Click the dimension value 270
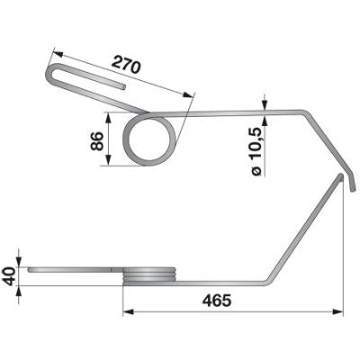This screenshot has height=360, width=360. pos(126,67)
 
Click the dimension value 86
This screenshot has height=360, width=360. pos(96,140)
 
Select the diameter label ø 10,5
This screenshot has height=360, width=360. pos(256,150)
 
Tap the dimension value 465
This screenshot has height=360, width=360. pos(217,301)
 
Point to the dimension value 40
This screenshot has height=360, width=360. pos(9,276)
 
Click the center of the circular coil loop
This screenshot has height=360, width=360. pos(149,140)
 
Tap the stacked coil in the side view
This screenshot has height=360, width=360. pos(149,276)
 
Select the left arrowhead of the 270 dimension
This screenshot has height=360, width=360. pos(58,54)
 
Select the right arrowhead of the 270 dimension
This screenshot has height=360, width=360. pos(188,95)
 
